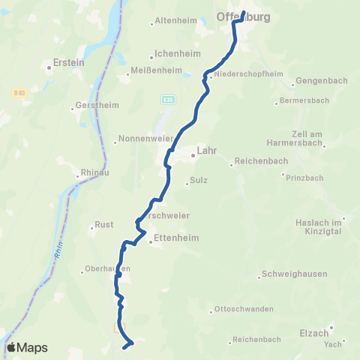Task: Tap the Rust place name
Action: pos(103,224)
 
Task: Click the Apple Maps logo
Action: pos(26,347)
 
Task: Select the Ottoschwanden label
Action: pos(243,309)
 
